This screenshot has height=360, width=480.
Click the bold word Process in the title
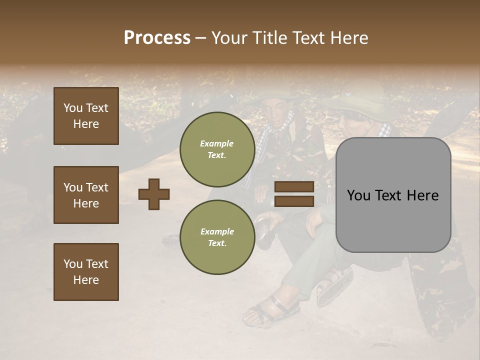pyautogui.click(x=157, y=38)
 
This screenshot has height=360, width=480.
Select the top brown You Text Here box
pyautogui.click(x=86, y=116)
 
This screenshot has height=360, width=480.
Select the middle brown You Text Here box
pyautogui.click(x=86, y=195)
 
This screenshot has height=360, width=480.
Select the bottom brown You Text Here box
pyautogui.click(x=86, y=272)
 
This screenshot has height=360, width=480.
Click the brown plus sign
pyautogui.click(x=154, y=194)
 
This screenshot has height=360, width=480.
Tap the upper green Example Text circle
pyautogui.click(x=217, y=149)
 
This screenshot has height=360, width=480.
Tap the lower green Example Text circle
pyautogui.click(x=217, y=237)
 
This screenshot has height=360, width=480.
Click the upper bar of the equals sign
pyautogui.click(x=294, y=187)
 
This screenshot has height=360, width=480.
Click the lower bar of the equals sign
pyautogui.click(x=294, y=201)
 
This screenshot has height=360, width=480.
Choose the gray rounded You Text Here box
pyautogui.click(x=393, y=195)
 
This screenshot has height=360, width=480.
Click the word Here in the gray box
pyautogui.click(x=422, y=195)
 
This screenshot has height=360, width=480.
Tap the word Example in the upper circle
pyautogui.click(x=217, y=143)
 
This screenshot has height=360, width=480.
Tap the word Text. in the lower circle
pyautogui.click(x=217, y=243)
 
